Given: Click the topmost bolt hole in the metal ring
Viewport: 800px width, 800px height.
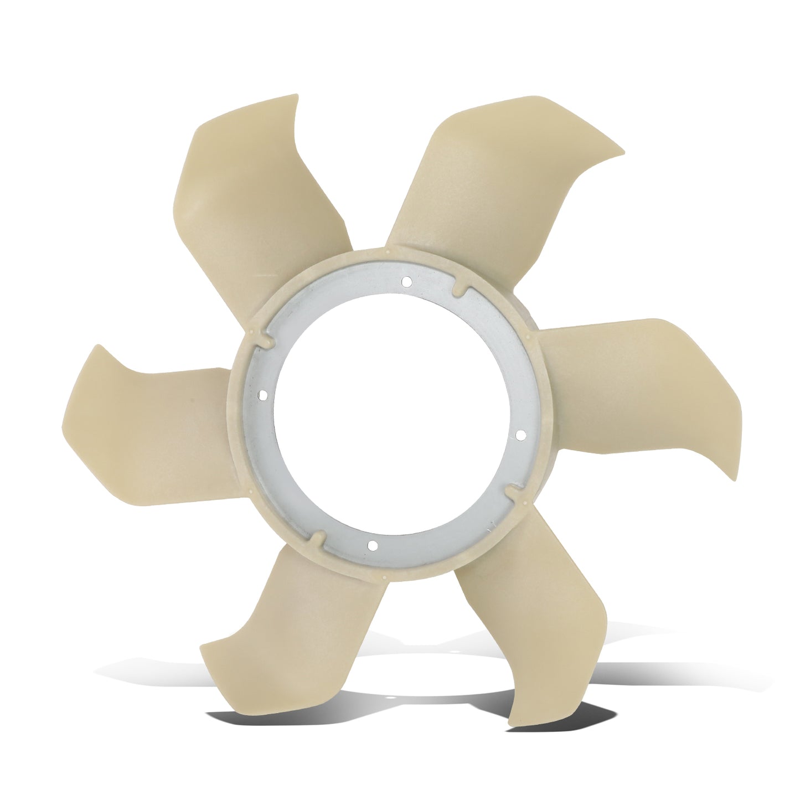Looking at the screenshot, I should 406,281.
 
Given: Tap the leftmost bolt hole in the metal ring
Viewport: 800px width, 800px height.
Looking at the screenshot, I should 263,395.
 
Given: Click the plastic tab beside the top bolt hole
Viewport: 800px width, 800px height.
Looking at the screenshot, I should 459,290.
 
